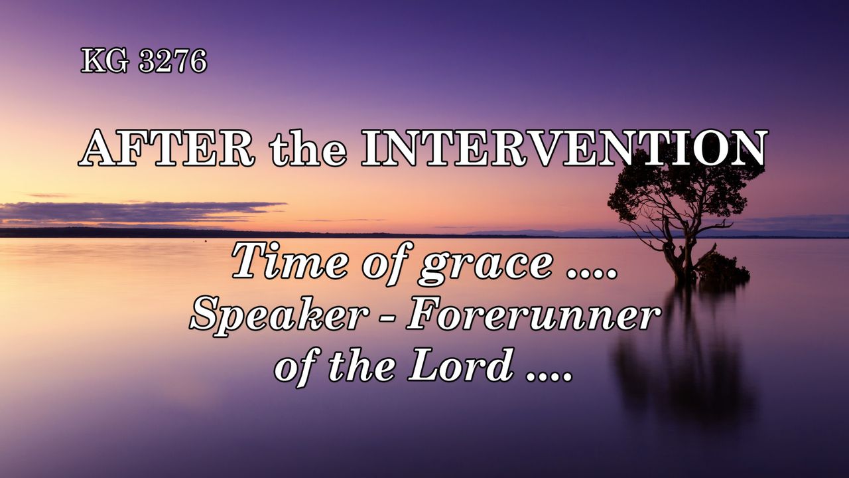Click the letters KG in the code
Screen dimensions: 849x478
pos(105,60)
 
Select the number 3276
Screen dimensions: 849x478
pos(173,60)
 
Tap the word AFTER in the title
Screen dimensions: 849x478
pos(166,148)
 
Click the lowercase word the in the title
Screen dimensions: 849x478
pos(308,149)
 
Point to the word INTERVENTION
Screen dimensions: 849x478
pos(564,148)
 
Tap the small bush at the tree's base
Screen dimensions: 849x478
pos(722,267)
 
